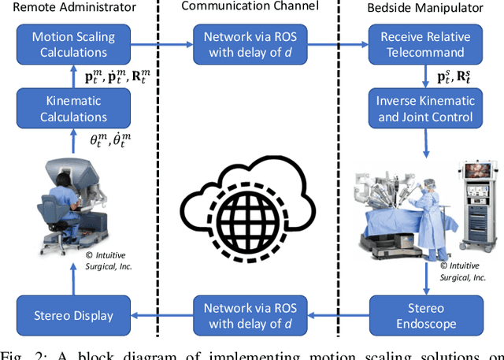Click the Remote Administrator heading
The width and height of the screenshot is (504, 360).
tap(69, 8)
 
